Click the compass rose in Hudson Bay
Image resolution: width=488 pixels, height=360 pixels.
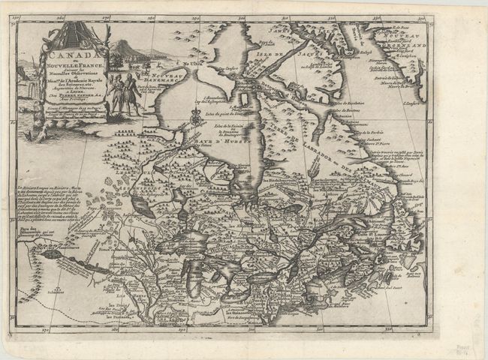pyautogui.click(x=195, y=116)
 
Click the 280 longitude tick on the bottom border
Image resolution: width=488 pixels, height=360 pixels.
pyautogui.click(x=114, y=328)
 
